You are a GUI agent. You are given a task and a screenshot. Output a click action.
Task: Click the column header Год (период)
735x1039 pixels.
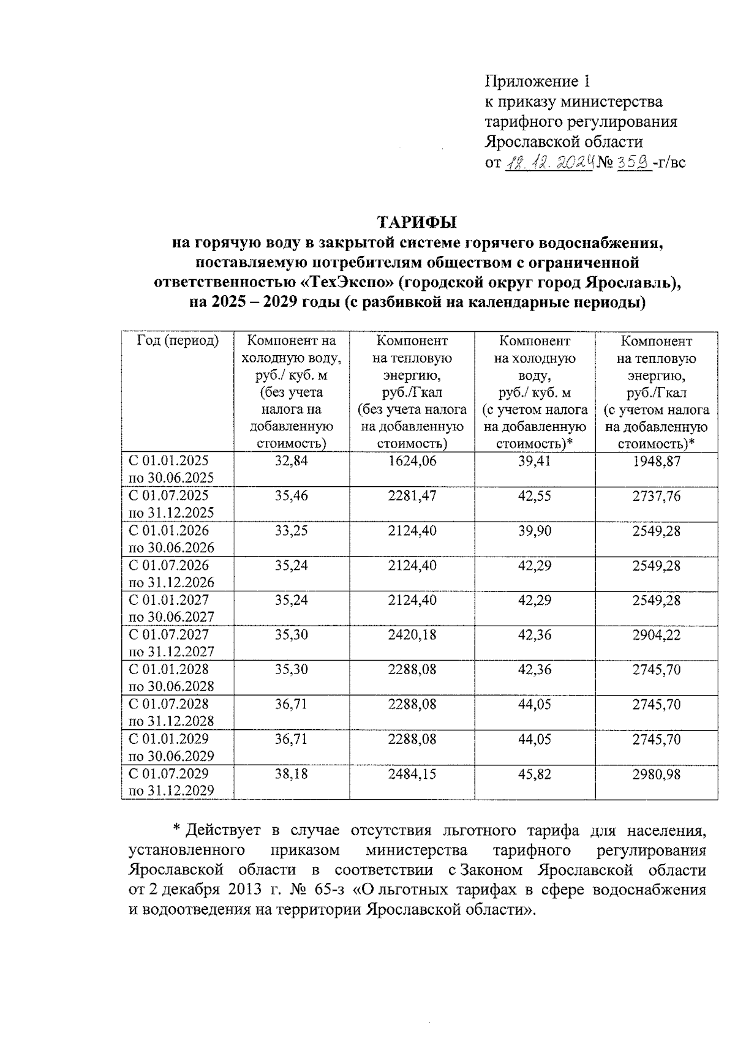(x=178, y=341)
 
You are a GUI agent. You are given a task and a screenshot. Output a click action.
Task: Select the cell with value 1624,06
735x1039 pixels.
(x=412, y=461)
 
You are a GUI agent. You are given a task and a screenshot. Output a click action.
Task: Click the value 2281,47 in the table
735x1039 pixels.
(x=412, y=496)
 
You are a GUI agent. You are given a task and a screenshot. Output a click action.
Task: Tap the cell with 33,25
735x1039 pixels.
(x=291, y=531)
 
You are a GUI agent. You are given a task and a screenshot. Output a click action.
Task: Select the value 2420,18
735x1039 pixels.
(x=412, y=635)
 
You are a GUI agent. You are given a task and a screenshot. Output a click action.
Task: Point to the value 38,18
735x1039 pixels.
(x=291, y=774)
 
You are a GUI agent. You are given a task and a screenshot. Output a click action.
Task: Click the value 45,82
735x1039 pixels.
(x=534, y=774)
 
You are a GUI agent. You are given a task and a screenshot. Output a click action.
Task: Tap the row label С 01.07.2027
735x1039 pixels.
(x=168, y=635)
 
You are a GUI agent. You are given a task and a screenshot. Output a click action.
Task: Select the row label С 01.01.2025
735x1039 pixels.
(x=168, y=461)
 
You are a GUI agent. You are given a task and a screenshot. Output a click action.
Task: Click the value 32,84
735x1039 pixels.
(x=291, y=461)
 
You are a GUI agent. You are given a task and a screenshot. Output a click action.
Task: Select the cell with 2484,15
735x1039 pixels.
(x=412, y=774)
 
